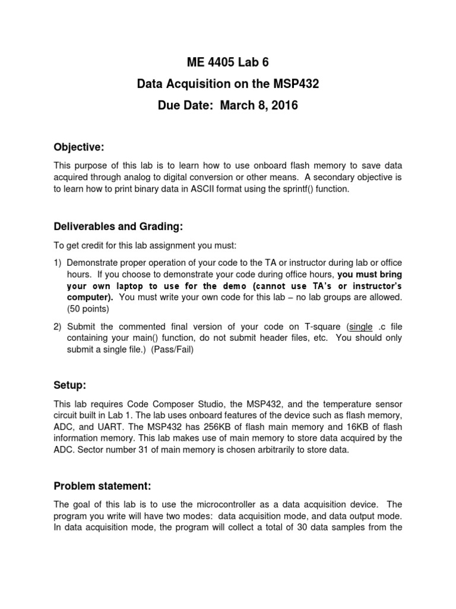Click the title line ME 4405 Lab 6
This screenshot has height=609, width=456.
click(x=227, y=62)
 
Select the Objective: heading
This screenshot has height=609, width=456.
click(x=79, y=146)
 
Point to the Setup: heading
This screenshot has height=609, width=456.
click(x=71, y=385)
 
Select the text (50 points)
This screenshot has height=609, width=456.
click(x=88, y=309)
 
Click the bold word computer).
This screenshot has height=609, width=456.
click(x=89, y=297)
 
